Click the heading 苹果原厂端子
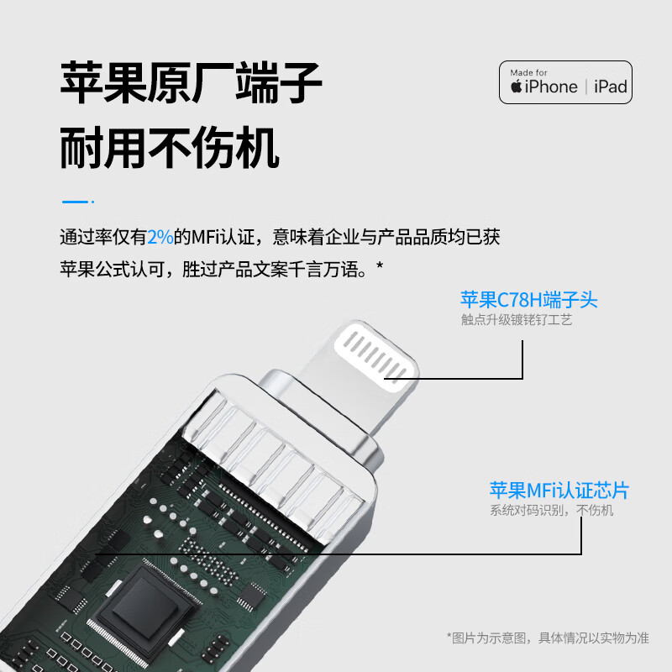[x=192, y=82]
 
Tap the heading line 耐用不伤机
[x=170, y=148]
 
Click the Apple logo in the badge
[x=516, y=87]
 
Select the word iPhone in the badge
[x=551, y=87]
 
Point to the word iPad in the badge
[x=611, y=87]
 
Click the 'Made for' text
[x=528, y=72]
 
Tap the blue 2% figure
[x=160, y=237]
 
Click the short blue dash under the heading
[x=75, y=202]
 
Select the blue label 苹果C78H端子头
[x=529, y=300]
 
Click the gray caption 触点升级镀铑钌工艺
[x=517, y=320]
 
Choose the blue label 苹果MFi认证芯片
[x=559, y=491]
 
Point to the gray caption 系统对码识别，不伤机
[x=551, y=510]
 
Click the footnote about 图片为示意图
[x=548, y=638]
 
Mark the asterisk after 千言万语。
[x=380, y=265]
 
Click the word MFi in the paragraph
[x=205, y=237]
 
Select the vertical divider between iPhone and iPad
[x=585, y=87]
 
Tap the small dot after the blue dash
[x=92, y=202]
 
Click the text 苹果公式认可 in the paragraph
[x=112, y=270]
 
